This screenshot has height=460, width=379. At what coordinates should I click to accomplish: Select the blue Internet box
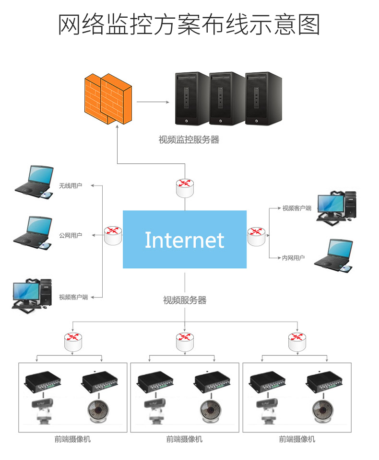click(x=185, y=239)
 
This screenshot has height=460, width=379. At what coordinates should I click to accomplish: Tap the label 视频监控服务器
click(x=189, y=140)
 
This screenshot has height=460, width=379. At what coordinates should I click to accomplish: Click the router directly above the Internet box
click(x=185, y=187)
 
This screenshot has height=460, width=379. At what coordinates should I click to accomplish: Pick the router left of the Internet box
click(x=113, y=235)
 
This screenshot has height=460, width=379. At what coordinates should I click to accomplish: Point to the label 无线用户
click(x=71, y=185)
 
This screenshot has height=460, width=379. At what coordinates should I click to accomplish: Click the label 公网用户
click(x=71, y=235)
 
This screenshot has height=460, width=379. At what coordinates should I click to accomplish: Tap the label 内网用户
click(x=293, y=258)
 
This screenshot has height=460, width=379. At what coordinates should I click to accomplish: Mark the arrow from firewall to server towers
click(x=153, y=102)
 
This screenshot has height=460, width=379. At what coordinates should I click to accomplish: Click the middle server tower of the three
click(x=226, y=99)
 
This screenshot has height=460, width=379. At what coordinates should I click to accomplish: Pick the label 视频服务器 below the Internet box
click(x=185, y=300)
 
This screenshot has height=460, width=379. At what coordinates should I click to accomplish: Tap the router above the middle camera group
click(x=185, y=341)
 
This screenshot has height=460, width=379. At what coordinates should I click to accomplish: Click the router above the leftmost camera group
click(x=73, y=341)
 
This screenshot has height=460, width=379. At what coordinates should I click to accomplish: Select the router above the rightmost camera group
click(x=297, y=341)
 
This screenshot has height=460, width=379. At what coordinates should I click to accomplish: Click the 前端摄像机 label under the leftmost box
click(x=72, y=439)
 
